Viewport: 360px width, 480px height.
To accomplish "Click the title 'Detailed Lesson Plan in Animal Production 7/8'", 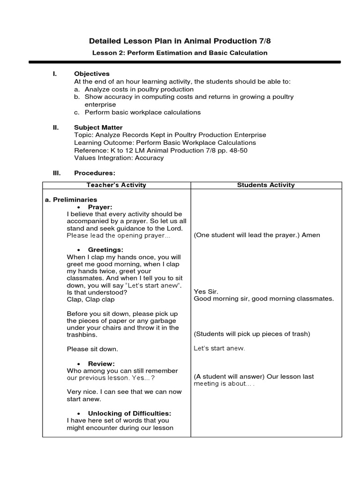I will [180, 40].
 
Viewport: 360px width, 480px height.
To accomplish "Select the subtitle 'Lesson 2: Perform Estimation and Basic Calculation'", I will [180, 53].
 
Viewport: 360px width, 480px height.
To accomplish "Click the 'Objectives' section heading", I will [92, 74].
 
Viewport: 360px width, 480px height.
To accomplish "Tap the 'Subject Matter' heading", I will [98, 127].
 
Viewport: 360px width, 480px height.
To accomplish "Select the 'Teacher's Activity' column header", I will [117, 185].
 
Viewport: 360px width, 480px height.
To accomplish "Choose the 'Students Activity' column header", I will [266, 185].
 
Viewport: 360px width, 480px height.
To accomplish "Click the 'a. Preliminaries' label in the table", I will [71, 200].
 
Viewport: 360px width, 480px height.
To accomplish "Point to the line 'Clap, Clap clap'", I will [90, 300].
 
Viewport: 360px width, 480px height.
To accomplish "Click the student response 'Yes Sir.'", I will [206, 291].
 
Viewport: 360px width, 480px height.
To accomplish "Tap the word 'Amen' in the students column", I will [311, 235].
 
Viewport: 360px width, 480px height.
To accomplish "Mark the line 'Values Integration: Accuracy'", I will [119, 158].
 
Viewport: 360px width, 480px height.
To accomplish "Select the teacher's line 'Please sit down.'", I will [92, 349].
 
